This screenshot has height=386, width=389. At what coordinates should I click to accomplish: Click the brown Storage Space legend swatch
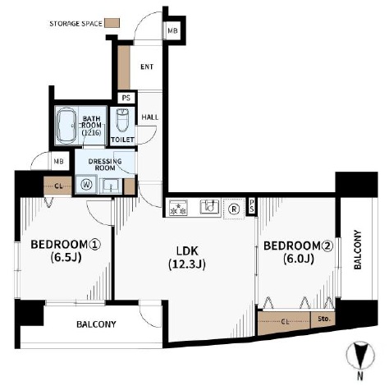tap(112, 23)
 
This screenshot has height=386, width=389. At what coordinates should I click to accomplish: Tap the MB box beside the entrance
tap(172, 30)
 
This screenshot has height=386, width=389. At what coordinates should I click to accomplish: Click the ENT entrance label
tap(147, 67)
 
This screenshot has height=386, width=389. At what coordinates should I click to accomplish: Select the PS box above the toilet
tap(126, 98)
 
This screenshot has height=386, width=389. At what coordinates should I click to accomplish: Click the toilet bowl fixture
tap(122, 121)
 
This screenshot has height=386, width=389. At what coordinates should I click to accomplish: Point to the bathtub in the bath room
tap(66, 125)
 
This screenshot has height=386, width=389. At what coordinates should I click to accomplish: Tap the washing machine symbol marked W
tap(86, 185)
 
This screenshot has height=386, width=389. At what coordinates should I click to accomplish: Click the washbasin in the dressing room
tap(111, 186)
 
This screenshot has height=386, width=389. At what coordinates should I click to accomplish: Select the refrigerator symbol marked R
tap(234, 209)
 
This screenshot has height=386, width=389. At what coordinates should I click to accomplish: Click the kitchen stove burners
tap(178, 208)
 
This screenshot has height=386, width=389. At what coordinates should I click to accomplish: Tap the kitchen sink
tap(210, 207)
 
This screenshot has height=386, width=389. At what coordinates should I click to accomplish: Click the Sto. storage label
tap(324, 319)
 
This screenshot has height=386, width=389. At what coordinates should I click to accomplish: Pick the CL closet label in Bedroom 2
tap(285, 322)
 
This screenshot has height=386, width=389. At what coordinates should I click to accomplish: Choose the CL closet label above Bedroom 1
tap(58, 186)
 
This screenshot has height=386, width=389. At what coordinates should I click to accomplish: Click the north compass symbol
tap(360, 356)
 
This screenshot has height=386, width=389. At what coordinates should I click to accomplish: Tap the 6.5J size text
tap(66, 257)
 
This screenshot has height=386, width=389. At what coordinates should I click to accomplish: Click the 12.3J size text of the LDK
tap(187, 264)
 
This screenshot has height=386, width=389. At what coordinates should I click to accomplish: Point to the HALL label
tap(150, 117)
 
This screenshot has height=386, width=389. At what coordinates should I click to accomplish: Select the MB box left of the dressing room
tap(58, 161)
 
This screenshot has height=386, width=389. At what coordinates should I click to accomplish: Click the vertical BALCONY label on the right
tap(358, 250)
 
